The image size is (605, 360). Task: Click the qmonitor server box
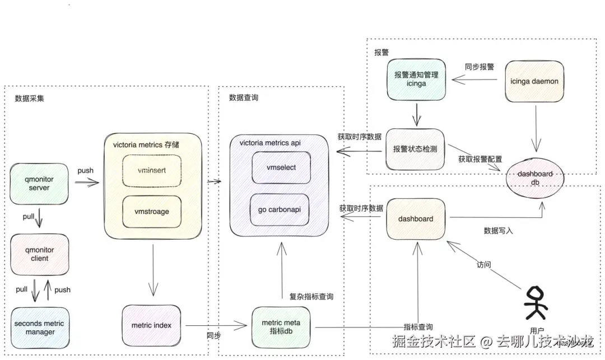[x=39, y=183]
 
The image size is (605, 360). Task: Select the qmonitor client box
[x=40, y=254]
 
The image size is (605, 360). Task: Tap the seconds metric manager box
[x=40, y=328]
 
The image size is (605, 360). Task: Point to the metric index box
[x=151, y=325]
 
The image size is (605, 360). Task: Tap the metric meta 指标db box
[x=281, y=327]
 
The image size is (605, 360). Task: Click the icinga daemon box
[x=534, y=82]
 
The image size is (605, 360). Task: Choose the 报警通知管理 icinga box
[x=416, y=79]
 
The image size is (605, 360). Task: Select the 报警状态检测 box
[x=415, y=149]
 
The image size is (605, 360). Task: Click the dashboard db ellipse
[x=535, y=178]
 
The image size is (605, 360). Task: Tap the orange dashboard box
[x=416, y=218]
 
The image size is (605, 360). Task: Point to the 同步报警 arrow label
[x=479, y=67]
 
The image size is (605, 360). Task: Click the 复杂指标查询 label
[x=311, y=297]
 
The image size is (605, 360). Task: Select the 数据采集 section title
[x=31, y=98]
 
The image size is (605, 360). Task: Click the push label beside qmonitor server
[x=85, y=170]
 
